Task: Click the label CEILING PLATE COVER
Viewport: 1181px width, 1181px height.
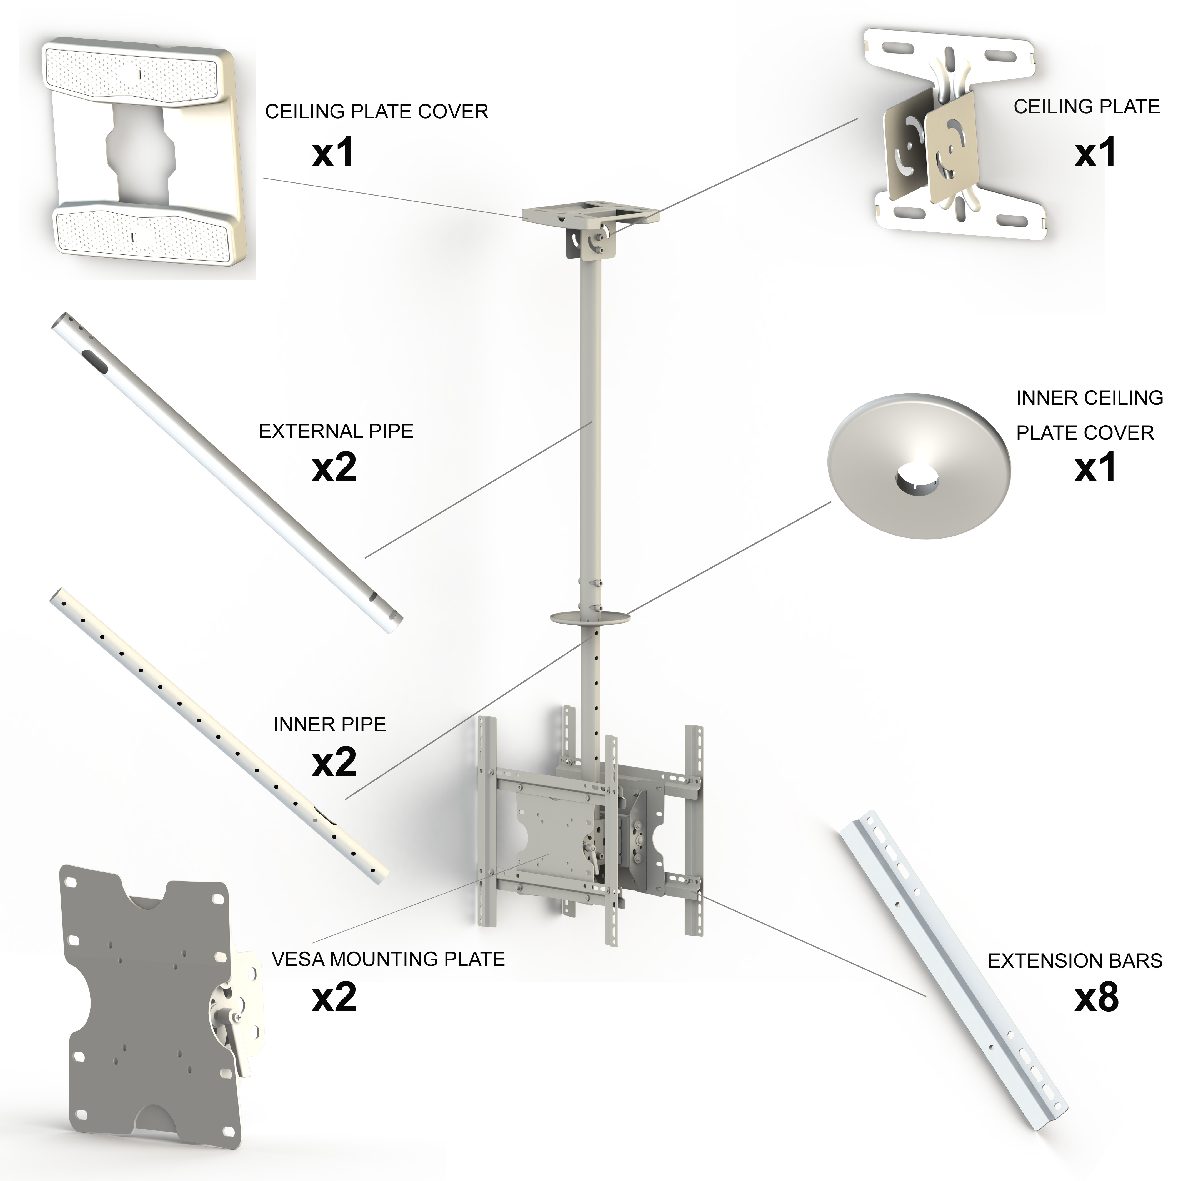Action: pyautogui.click(x=377, y=112)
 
